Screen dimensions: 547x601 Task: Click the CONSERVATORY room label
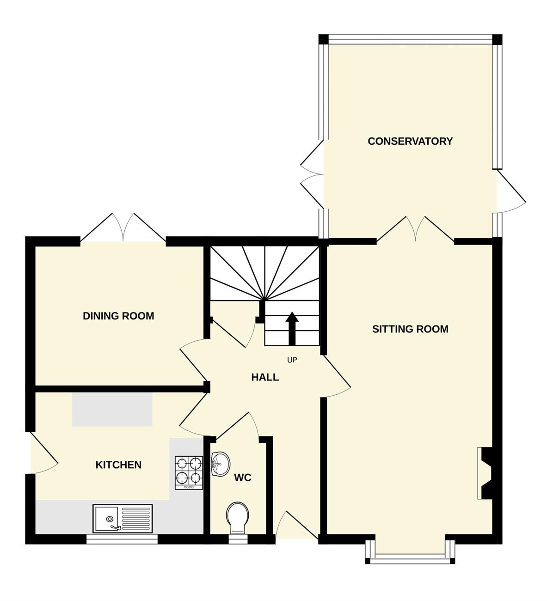(410, 141)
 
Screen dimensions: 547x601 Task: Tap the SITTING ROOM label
(410, 329)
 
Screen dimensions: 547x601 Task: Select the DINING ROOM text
(118, 316)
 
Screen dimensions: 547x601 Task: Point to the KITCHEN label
(118, 465)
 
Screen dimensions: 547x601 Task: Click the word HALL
(265, 378)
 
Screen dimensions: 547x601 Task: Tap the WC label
(242, 478)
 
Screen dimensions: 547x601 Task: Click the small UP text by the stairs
(292, 360)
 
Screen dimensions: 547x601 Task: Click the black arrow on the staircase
(292, 329)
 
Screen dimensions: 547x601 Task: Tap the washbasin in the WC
(220, 464)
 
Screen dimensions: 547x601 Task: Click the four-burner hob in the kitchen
(189, 473)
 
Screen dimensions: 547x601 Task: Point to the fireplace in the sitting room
(485, 473)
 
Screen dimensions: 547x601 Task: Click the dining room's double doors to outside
(123, 228)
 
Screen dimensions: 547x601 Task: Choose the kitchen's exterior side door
(42, 453)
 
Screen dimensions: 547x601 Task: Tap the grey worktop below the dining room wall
(112, 410)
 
